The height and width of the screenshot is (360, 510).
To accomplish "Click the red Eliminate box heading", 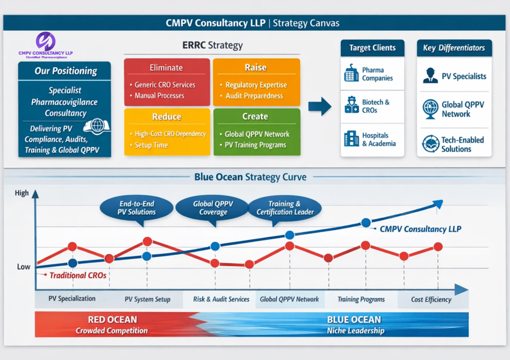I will coord(166,68).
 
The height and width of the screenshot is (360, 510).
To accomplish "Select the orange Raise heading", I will coord(255,68).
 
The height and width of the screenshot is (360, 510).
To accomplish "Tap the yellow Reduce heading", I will coord(166,117).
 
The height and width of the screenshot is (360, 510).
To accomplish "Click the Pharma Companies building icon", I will coord(352,74).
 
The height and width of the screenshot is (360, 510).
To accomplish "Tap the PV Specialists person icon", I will coord(430,76).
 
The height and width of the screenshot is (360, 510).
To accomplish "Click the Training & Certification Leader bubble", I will coord(284,208).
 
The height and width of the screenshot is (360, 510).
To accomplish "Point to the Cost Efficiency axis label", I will coord(431,299).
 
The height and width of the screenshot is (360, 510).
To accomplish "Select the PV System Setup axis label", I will coord(147,299).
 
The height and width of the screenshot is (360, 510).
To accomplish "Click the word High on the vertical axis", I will coord(22,193).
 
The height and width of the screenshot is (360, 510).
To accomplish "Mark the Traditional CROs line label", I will coord(78,274).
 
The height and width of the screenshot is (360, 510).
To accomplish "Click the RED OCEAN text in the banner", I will coord(112,320).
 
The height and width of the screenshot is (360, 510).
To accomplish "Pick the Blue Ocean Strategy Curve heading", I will coord(251,177).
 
